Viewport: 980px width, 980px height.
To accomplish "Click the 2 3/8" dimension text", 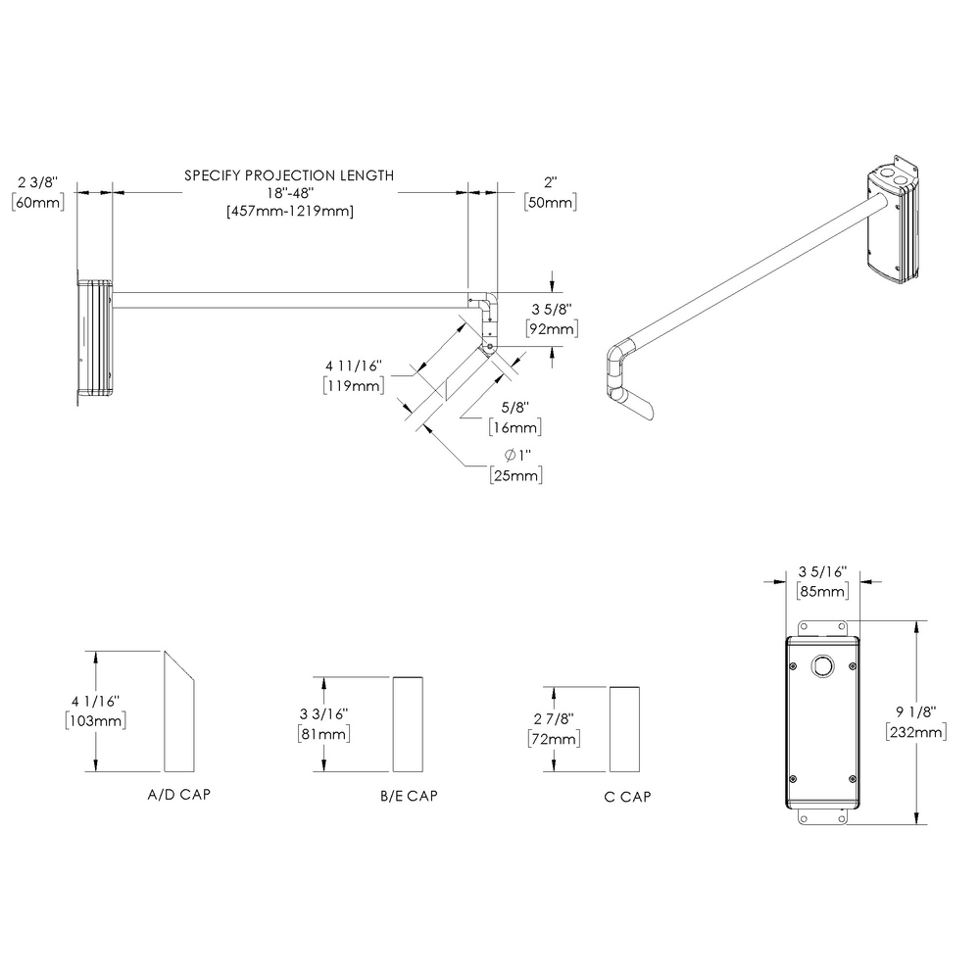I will click(x=39, y=182).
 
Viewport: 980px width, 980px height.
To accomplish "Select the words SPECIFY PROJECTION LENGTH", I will click(x=289, y=175).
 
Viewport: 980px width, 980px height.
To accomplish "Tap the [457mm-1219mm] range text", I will click(x=289, y=211).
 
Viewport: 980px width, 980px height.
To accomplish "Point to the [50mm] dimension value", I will click(x=550, y=202).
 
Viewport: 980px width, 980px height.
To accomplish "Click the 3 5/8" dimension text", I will click(x=550, y=310).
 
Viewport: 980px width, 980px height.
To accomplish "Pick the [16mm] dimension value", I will click(x=514, y=428).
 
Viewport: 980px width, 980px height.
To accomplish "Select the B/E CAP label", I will click(x=409, y=797).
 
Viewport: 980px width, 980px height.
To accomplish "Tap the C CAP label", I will click(x=627, y=797).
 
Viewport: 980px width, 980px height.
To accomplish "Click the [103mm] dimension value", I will click(x=95, y=720).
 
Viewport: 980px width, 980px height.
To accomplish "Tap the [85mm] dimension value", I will click(x=822, y=591).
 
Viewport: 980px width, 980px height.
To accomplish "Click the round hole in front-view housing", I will click(x=821, y=666).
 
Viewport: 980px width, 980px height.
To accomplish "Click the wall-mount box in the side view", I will click(x=96, y=338).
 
